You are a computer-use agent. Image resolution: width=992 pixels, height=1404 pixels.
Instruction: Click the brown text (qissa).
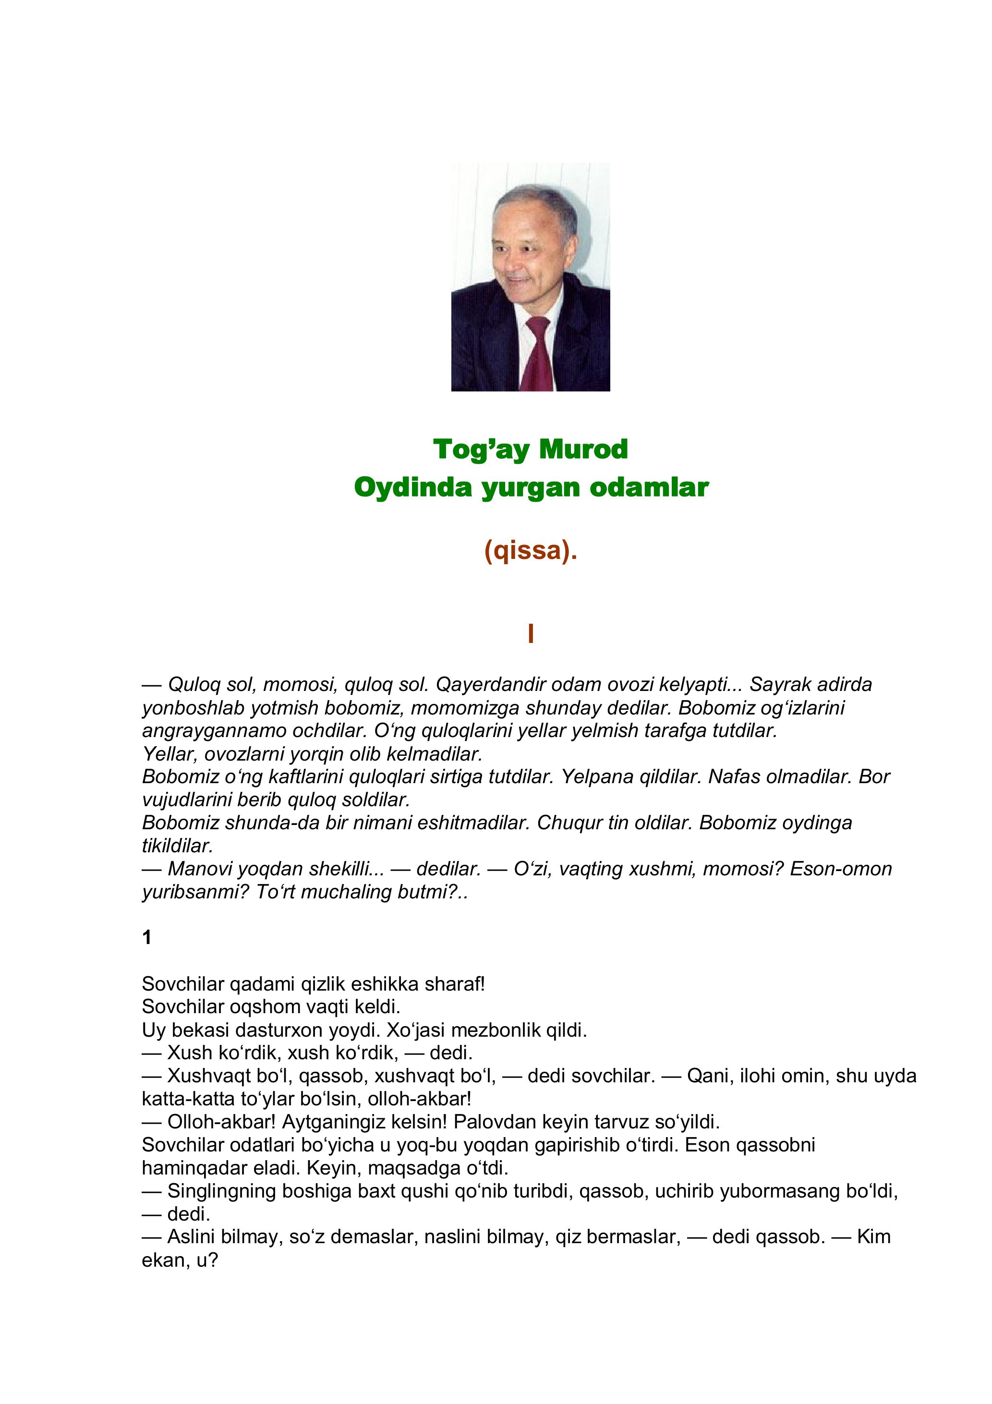click(530, 550)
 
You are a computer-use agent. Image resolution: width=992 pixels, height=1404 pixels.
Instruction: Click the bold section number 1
click(147, 937)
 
